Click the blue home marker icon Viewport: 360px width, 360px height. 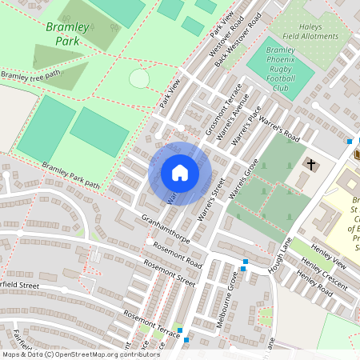point(180,174)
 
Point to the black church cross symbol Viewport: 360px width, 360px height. point(310,165)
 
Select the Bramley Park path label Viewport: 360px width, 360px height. point(71,176)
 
